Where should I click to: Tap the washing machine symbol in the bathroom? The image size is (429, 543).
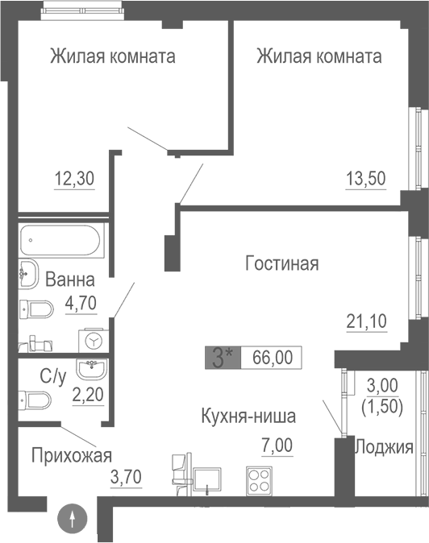[x=94, y=342]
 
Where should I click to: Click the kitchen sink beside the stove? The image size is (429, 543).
[x=209, y=480]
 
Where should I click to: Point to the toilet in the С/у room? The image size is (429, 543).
[x=37, y=400]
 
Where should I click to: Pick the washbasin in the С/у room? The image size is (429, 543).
[x=90, y=370]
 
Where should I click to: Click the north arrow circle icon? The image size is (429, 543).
[x=73, y=520]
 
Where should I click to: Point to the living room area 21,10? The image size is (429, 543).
[x=366, y=322]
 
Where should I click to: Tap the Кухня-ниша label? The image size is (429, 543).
[x=249, y=417]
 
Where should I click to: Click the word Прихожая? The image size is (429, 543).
[x=71, y=455]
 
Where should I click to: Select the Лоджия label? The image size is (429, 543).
[x=384, y=448]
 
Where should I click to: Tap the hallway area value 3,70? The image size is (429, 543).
[x=126, y=476]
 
